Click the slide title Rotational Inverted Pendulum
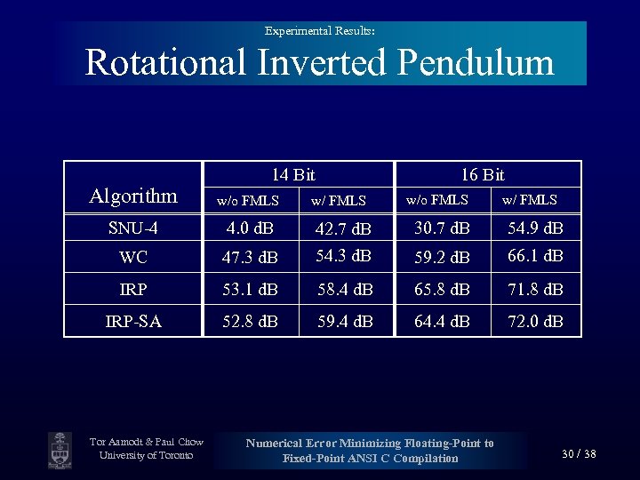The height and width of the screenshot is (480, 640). pyautogui.click(x=319, y=63)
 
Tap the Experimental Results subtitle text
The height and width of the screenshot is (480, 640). pyautogui.click(x=319, y=31)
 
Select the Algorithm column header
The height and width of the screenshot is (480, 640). pyautogui.click(x=133, y=196)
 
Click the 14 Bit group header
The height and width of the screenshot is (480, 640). pyautogui.click(x=293, y=175)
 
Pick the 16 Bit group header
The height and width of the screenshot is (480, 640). pyautogui.click(x=483, y=175)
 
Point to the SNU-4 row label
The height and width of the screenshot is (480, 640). pyautogui.click(x=133, y=228)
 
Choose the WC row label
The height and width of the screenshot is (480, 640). pyautogui.click(x=133, y=257)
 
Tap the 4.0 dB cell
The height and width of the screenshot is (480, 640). pyautogui.click(x=251, y=228)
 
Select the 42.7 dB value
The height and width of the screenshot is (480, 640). pyautogui.click(x=345, y=230)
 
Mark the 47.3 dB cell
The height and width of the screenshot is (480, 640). pyautogui.click(x=251, y=258)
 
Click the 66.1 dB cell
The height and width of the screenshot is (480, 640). pyautogui.click(x=535, y=256)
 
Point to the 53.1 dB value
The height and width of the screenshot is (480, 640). pyautogui.click(x=251, y=289)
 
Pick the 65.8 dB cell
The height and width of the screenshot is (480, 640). pyautogui.click(x=442, y=289)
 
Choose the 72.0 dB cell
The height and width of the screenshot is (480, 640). pyautogui.click(x=535, y=321)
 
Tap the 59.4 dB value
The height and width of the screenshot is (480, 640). pyautogui.click(x=345, y=321)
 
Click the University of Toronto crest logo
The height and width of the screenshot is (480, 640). pyautogui.click(x=60, y=450)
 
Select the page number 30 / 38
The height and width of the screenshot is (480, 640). pyautogui.click(x=579, y=454)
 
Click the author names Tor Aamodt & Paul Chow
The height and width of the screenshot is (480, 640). pyautogui.click(x=147, y=442)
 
